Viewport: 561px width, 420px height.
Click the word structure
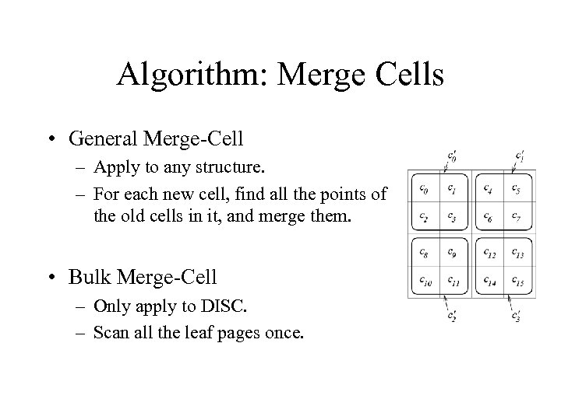[x=231, y=167]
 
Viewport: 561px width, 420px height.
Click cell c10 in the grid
[x=423, y=280]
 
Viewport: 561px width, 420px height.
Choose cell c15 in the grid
[x=517, y=280]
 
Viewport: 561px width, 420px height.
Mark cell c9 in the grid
[x=452, y=252]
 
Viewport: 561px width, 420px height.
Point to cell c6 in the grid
[x=488, y=215]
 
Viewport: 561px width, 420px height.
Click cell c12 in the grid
[x=488, y=252]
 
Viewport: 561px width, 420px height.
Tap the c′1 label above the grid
[x=520, y=155]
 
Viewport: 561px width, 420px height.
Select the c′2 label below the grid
[x=453, y=316]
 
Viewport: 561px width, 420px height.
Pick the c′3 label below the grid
[x=517, y=316]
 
